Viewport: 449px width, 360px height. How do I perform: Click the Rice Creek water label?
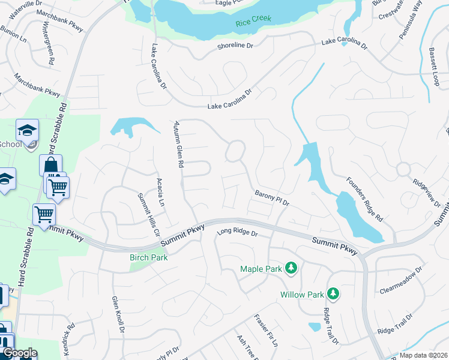tap(253, 19)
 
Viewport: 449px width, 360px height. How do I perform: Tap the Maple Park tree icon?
tap(291, 268)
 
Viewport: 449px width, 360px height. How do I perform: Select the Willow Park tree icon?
tap(333, 293)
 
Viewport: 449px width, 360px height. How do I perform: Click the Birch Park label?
tap(148, 257)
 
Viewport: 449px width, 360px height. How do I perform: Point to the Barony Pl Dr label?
tap(272, 199)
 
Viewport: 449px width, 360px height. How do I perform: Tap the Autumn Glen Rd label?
tap(178, 151)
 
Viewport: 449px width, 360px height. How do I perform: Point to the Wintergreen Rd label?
tap(47, 45)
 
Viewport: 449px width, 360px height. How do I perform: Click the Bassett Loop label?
tap(435, 68)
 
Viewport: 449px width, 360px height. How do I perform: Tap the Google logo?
tap(19, 353)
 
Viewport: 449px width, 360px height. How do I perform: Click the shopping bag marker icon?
tap(51, 166)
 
